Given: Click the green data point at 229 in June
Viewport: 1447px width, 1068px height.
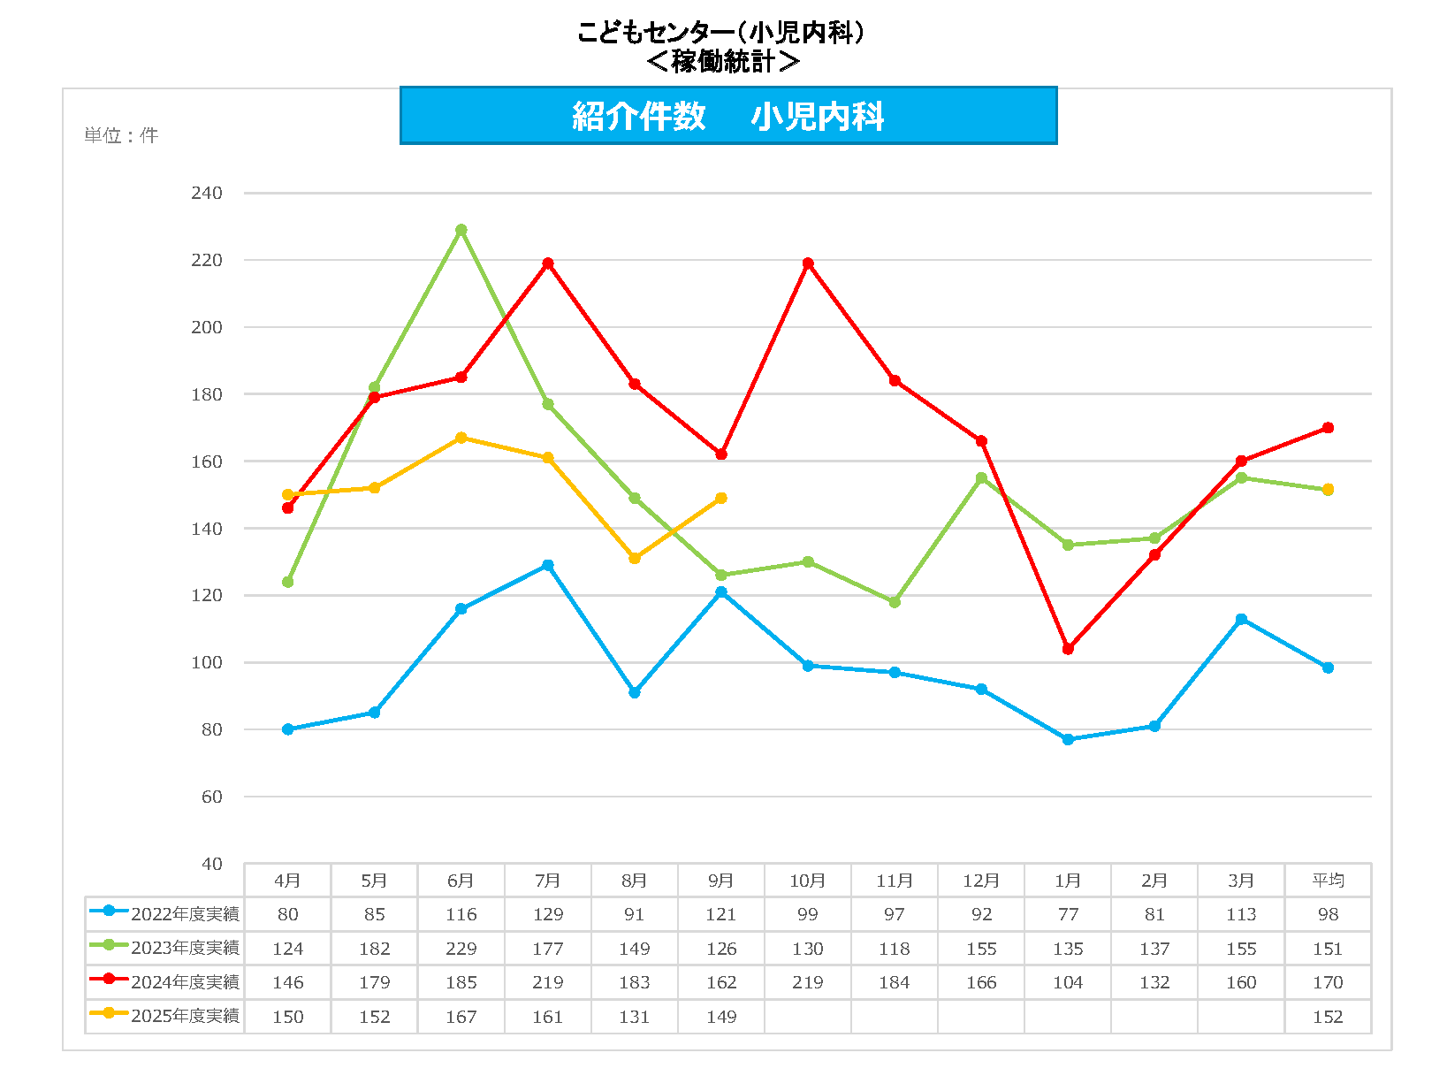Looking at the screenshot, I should click(x=461, y=230).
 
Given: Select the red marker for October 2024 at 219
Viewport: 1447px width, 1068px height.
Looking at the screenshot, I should click(x=808, y=263).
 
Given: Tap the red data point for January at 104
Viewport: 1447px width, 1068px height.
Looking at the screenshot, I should click(x=1068, y=649).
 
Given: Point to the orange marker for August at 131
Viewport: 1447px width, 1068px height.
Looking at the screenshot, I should click(x=635, y=559).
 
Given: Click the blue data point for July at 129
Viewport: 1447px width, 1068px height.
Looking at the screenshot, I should click(x=548, y=565).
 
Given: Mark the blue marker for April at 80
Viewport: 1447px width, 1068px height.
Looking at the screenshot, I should click(x=287, y=729).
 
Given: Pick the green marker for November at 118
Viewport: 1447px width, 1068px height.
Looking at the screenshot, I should click(x=895, y=602).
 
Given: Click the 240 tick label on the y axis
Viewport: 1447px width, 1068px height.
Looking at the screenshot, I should click(x=207, y=193).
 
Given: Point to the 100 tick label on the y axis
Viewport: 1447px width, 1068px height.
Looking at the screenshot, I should click(x=207, y=662).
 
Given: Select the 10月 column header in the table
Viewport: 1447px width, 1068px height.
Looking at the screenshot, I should click(x=808, y=881).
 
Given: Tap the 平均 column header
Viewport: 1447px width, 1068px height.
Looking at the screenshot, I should click(x=1328, y=881).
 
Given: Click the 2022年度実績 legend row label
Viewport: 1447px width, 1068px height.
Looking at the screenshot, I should click(x=185, y=914).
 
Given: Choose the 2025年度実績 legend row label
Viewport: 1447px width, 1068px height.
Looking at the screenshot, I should click(x=185, y=1016).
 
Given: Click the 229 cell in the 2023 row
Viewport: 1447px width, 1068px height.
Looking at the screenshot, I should click(x=461, y=949).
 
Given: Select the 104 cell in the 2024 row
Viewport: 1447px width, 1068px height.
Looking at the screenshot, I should click(x=1068, y=982).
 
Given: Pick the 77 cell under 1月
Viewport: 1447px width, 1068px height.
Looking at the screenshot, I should click(x=1068, y=914).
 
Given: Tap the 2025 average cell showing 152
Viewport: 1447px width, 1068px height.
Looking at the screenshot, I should click(x=1328, y=1017).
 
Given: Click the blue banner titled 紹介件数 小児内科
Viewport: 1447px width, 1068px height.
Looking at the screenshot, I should click(x=728, y=116).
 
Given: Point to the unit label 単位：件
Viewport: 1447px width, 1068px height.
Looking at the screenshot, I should click(x=121, y=135).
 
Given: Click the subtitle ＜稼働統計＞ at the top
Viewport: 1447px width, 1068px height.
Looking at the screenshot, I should click(x=723, y=61).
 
